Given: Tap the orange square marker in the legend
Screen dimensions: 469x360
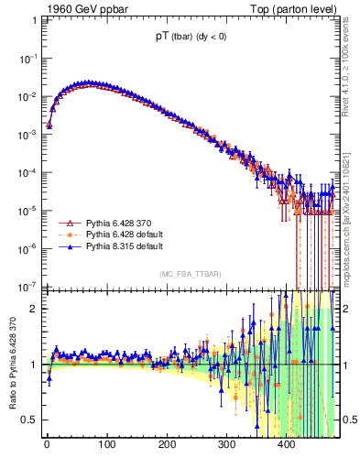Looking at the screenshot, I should (65, 235).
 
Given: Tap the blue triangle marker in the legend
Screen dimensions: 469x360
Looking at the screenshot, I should (65, 247).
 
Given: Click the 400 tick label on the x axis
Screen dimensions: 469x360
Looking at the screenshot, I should (288, 445).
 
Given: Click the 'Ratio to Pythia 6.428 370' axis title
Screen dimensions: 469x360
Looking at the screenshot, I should (12, 365).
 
